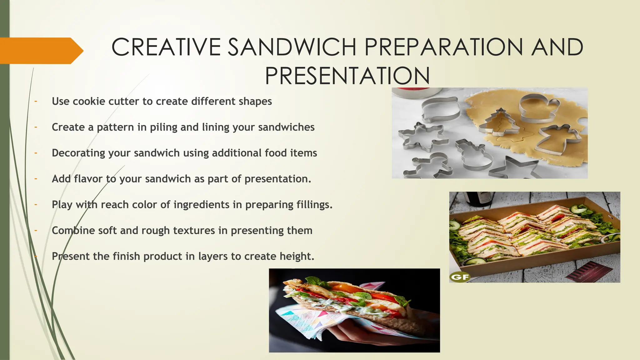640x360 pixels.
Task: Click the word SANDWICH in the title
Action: pos(292,47)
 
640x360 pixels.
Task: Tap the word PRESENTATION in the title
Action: pos(347,76)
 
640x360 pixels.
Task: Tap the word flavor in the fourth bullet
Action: pos(88,179)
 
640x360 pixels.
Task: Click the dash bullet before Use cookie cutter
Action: pos(36,101)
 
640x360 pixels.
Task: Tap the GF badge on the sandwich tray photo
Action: pos(460,277)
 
